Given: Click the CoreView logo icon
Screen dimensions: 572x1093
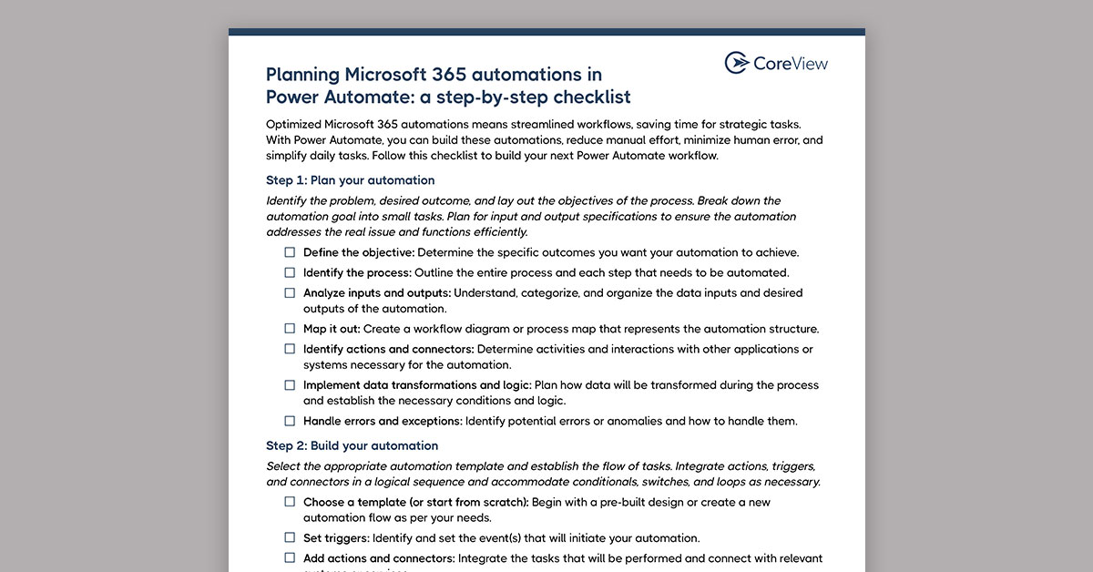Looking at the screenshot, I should point(736,63).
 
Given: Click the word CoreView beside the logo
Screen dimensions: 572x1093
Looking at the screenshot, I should point(790,63).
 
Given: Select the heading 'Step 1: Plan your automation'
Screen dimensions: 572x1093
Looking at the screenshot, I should point(350,180).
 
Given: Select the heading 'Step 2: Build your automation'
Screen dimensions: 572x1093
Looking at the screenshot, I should point(352,445).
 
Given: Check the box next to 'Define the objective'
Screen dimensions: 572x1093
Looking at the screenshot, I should point(290,252).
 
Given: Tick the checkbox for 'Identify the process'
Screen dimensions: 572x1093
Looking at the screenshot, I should point(290,272).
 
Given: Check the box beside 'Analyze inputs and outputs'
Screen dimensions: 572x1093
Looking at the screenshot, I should point(290,293).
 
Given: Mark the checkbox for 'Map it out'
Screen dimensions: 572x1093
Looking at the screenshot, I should point(290,329).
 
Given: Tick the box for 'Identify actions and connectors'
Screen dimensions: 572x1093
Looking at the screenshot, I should point(290,349).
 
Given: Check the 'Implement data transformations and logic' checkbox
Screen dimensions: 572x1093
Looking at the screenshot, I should point(290,385).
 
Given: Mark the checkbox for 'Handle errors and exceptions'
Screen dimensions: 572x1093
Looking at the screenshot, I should point(290,421).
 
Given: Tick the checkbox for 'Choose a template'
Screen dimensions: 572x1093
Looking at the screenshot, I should point(290,502).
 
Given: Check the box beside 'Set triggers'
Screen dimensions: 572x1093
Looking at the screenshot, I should point(290,538).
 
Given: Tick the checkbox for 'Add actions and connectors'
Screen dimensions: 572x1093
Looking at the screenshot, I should point(290,558).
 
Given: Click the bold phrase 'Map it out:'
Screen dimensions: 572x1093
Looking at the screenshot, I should point(332,329).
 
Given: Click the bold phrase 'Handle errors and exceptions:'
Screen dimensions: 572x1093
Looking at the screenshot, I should point(383,421).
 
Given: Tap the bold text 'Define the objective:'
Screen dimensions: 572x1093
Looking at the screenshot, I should point(359,252).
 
